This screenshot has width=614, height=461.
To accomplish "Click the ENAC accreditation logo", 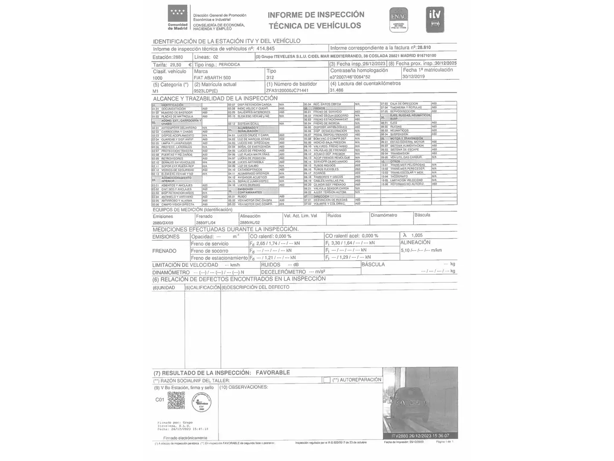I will point(399,20).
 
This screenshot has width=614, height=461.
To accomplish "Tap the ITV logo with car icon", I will point(435,20).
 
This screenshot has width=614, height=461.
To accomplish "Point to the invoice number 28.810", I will point(424,48).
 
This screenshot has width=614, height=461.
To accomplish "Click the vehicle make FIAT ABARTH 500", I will point(212,78).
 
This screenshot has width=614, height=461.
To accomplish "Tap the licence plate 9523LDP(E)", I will point(206,91).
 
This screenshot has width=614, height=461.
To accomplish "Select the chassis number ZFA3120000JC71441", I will point(287,90).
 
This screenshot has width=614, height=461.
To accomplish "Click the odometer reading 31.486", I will point(337,90).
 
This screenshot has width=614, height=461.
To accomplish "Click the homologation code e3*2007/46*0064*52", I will point(350,77).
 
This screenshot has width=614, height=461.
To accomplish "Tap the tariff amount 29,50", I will point(176,65).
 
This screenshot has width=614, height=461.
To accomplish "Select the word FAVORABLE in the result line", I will point(272,373).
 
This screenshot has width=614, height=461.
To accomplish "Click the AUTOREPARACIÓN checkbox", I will point(327,380).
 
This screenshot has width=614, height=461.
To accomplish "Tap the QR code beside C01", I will point(176,400).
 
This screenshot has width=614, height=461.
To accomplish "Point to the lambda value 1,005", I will point(417,235).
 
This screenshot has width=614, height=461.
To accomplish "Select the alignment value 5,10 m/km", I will point(421,251).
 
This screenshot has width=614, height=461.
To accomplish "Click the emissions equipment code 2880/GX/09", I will point(163,223).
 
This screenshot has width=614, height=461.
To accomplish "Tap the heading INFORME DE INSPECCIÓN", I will point(316,15).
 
